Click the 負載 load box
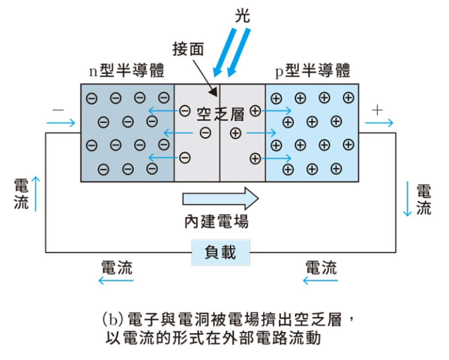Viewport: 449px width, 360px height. (x=220, y=252)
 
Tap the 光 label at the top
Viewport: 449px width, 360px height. (x=242, y=16)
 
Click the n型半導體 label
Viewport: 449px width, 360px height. (x=127, y=70)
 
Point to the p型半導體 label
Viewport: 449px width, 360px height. (x=312, y=70)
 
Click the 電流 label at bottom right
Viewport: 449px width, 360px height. (x=321, y=267)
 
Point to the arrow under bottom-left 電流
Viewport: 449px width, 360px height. (x=116, y=281)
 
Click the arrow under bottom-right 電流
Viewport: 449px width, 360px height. (x=321, y=281)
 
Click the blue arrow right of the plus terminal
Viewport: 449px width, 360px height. (x=379, y=123)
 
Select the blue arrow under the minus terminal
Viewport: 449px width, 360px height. (x=60, y=123)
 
